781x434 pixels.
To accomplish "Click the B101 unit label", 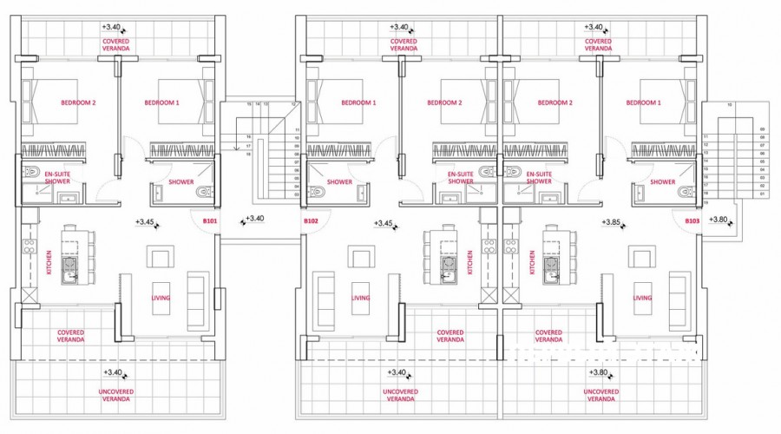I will pos(209,222).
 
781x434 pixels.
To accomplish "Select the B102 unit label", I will pos(310,222).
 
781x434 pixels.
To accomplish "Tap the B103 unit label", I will pos(692,222).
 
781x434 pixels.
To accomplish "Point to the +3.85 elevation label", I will pos(613,222).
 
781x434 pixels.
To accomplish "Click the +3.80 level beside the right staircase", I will pos(718,219).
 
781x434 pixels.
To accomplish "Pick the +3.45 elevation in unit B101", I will pos(145,222).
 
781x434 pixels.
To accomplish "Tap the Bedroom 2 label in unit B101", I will pos(77,102).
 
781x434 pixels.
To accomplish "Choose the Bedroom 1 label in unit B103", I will pos(644,102).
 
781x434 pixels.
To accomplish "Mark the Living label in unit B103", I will pos(642,298).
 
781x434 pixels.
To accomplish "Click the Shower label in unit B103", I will pos(663,181).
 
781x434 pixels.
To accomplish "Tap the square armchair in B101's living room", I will pos(161,258).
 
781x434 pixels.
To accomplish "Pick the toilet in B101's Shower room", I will pos(205,192).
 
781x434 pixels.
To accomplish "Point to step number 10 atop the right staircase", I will pos(730,106).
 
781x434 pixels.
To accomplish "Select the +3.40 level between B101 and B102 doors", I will pos(256,219).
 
